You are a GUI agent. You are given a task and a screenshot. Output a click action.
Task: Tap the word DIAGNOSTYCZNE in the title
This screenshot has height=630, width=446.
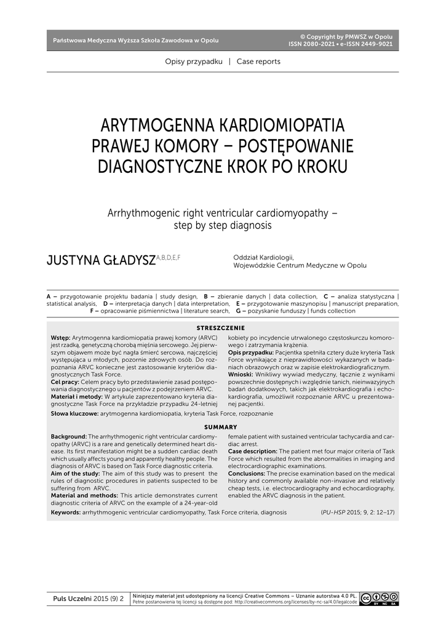click(169, 167)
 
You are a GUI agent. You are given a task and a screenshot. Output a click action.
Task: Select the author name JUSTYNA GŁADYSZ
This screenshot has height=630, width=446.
click(102, 261)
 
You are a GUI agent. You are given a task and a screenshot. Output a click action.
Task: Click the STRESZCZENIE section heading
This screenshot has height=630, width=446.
click(220, 329)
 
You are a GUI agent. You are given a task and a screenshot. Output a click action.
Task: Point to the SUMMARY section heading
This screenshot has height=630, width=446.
click(220, 427)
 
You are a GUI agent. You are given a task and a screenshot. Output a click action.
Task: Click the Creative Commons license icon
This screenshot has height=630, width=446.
click(380, 598)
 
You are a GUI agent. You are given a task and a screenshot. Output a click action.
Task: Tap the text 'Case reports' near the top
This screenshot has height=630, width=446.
click(258, 62)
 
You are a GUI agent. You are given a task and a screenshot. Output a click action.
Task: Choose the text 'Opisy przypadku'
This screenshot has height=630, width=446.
click(194, 62)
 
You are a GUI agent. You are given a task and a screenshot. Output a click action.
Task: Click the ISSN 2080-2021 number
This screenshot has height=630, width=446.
click(312, 44)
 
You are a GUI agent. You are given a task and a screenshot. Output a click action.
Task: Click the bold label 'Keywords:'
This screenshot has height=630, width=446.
click(66, 512)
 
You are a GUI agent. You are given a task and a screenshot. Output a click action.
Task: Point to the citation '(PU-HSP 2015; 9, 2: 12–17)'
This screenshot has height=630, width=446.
click(357, 512)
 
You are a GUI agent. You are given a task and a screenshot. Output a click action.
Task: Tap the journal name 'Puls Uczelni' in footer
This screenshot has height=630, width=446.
click(72, 598)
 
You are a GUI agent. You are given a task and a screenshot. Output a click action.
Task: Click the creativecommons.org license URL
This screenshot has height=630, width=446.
click(295, 602)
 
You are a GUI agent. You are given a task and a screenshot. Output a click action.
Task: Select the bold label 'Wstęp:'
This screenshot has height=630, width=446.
click(60, 338)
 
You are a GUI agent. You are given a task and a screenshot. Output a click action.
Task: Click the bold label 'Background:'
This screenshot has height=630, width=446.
click(69, 436)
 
